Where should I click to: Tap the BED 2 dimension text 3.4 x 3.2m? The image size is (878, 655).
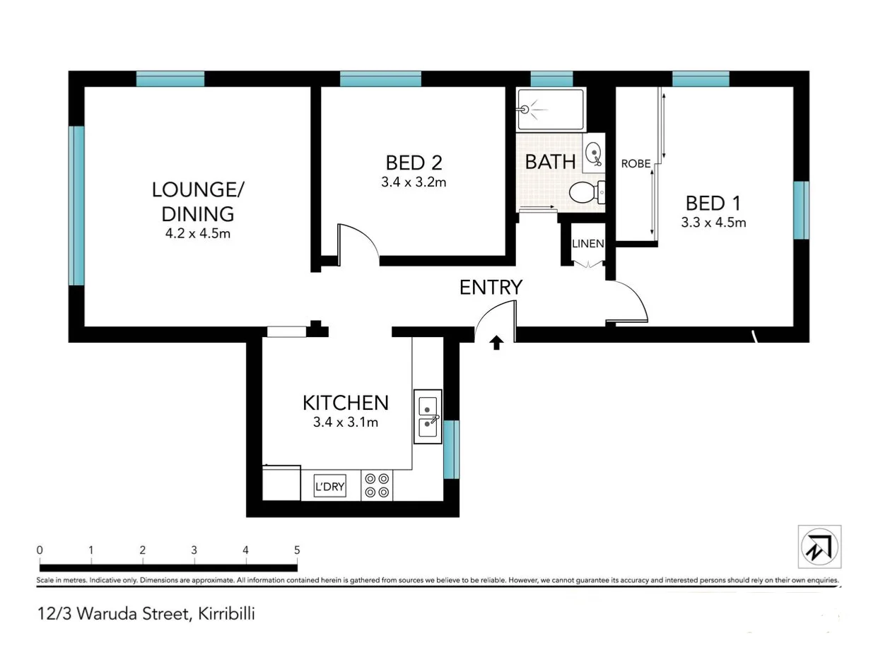(x=414, y=182)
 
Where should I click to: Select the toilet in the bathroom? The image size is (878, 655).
(x=586, y=191)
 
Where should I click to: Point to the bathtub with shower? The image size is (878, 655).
(x=551, y=110)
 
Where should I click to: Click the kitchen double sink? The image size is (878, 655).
(x=428, y=417)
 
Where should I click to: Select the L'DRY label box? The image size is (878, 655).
(x=329, y=486)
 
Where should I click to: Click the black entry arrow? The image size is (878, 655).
(x=496, y=343)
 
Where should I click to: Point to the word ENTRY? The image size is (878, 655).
(x=491, y=288)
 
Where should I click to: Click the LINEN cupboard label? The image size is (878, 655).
(x=587, y=244)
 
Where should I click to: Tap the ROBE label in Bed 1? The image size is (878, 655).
(x=636, y=164)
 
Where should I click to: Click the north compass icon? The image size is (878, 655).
(x=819, y=546)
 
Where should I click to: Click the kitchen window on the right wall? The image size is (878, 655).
(x=451, y=449)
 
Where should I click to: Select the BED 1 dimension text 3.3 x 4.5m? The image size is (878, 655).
(x=713, y=223)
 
